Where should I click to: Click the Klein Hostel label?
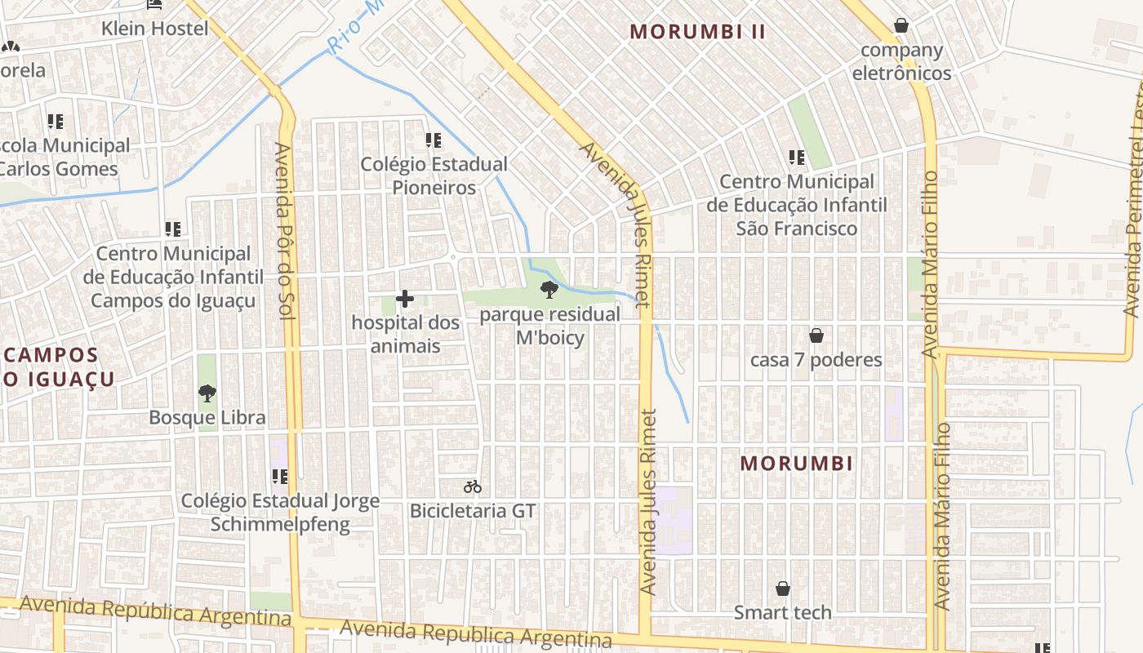pyautogui.click(x=155, y=29)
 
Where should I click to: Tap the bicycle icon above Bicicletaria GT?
pyautogui.click(x=473, y=487)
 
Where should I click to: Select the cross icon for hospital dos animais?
pyautogui.click(x=405, y=299)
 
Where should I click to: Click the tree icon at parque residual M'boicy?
pyautogui.click(x=549, y=289)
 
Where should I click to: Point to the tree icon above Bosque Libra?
pyautogui.click(x=207, y=393)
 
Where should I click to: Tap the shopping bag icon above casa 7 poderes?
pyautogui.click(x=816, y=335)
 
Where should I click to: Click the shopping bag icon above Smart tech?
pyautogui.click(x=782, y=589)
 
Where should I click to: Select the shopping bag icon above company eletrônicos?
pyautogui.click(x=901, y=25)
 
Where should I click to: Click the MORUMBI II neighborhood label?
pyautogui.click(x=698, y=32)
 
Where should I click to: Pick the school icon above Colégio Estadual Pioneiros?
pyautogui.click(x=434, y=140)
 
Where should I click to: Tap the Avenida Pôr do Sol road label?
pyautogui.click(x=283, y=230)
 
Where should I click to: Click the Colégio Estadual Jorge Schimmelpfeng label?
pyautogui.click(x=280, y=513)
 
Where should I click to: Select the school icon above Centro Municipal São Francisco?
pyautogui.click(x=797, y=158)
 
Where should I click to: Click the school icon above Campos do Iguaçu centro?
pyautogui.click(x=172, y=230)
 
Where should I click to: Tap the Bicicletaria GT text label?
pyautogui.click(x=473, y=512)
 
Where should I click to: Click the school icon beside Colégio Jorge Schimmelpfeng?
pyautogui.click(x=279, y=477)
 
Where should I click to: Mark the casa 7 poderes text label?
pyautogui.click(x=816, y=360)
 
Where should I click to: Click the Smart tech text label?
pyautogui.click(x=782, y=612)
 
